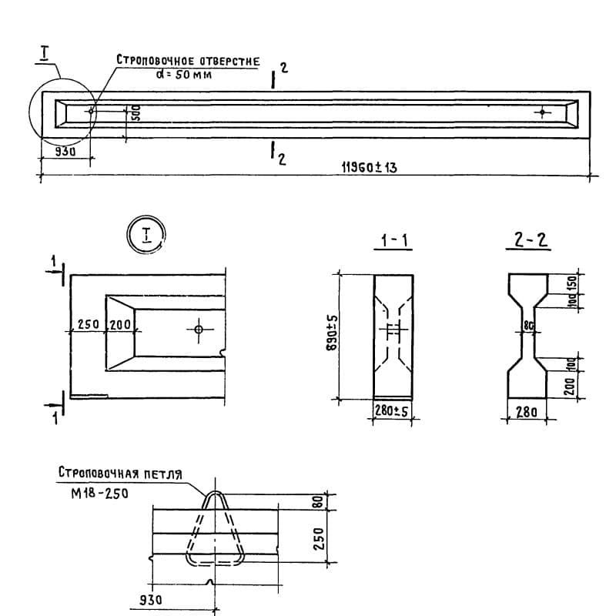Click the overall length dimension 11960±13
click(368, 167)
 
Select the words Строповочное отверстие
click(188, 60)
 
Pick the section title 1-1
click(393, 241)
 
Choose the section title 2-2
click(531, 241)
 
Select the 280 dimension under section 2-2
click(527, 413)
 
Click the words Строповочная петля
click(119, 474)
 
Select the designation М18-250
click(96, 494)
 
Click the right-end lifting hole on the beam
click(543, 112)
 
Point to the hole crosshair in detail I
click(198, 330)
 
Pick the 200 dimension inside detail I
click(120, 325)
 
